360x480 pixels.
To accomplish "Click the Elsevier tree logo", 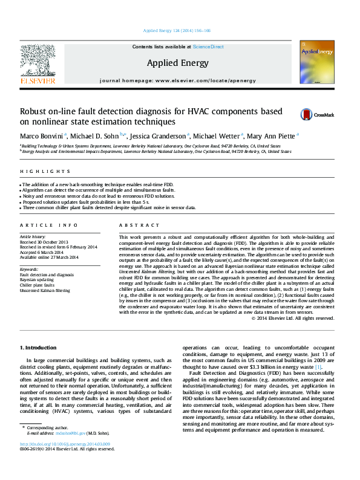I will [x=38, y=62].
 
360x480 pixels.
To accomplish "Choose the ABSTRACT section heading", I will [x=135, y=225].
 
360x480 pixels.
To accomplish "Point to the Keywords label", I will [x=29, y=269].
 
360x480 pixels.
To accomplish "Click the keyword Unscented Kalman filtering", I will [x=45, y=291].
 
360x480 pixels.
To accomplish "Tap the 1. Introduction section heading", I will [x=39, y=348].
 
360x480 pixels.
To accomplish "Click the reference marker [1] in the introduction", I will [x=318, y=367].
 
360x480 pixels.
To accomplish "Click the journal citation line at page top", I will [x=180, y=31].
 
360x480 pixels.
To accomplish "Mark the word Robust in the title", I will [x=34, y=111].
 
